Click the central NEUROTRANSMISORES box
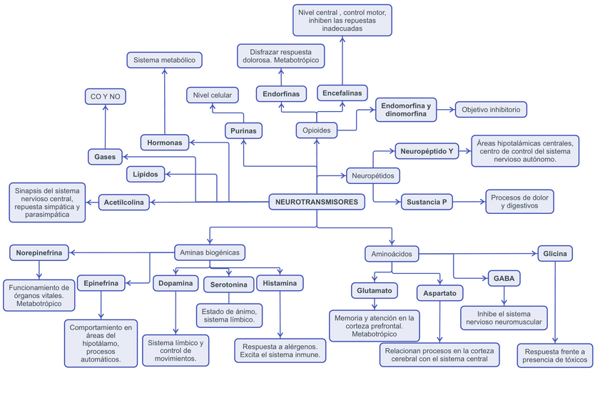click(x=317, y=202)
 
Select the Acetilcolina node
click(x=123, y=202)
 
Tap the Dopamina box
click(x=176, y=283)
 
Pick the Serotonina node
click(x=229, y=285)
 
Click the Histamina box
click(x=280, y=283)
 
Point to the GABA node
click(x=502, y=278)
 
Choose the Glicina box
click(x=555, y=253)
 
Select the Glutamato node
click(x=375, y=290)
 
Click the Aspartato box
click(x=440, y=293)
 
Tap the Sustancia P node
click(x=427, y=202)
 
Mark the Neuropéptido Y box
click(x=427, y=151)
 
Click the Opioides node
click(x=316, y=130)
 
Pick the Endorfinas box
click(x=280, y=93)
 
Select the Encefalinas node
click(x=342, y=93)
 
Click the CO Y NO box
click(x=106, y=96)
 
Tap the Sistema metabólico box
click(x=164, y=61)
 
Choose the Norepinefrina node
click(x=39, y=252)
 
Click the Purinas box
click(x=243, y=130)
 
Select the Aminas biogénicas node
click(x=210, y=252)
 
